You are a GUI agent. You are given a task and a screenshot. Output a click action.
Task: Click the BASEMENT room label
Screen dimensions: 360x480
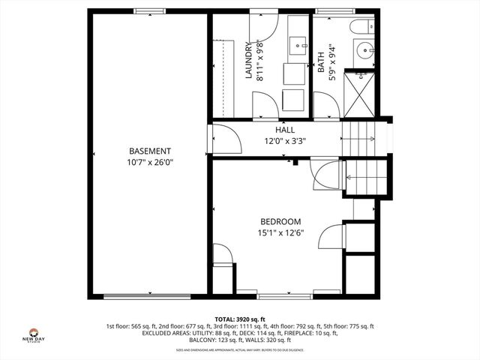click(150, 151)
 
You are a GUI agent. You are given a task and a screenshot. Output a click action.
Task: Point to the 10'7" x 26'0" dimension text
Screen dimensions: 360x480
click(150, 162)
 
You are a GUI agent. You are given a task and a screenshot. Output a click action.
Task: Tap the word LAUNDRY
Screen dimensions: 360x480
click(249, 61)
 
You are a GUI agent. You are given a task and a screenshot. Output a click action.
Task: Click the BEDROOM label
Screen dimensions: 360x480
click(280, 221)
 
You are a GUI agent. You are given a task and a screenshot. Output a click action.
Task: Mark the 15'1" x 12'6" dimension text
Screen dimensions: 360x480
click(280, 232)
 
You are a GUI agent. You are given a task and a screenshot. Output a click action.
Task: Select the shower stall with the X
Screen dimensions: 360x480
click(363, 94)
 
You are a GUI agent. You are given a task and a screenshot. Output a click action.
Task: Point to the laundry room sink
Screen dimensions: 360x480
click(298, 43)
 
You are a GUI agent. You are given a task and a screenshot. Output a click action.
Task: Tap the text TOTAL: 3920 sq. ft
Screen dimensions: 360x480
click(239, 319)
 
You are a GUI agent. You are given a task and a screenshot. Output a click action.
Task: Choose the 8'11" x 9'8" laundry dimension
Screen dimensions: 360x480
click(260, 61)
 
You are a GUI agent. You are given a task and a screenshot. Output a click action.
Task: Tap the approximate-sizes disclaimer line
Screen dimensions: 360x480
click(239, 349)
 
